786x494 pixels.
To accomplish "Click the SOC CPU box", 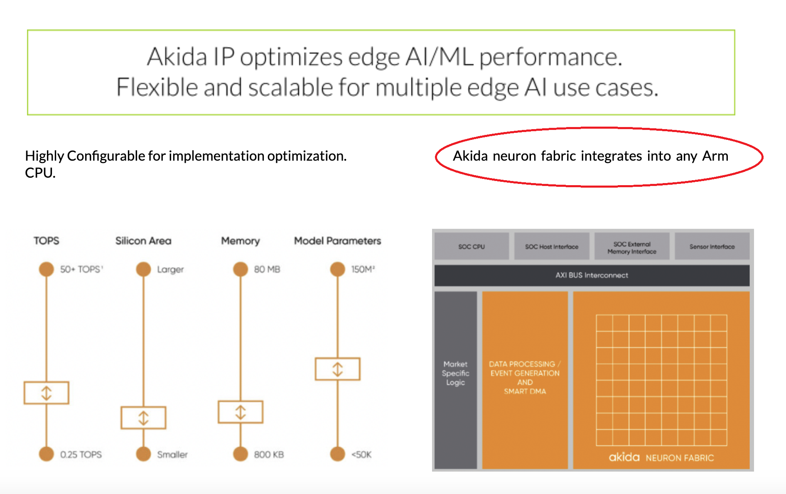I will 472,247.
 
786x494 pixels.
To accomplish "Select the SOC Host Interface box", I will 551,247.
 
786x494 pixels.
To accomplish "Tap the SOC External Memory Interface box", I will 631,247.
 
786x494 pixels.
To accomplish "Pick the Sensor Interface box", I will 712,247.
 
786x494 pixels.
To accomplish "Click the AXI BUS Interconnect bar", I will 592,275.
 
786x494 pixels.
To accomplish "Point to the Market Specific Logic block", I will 455,373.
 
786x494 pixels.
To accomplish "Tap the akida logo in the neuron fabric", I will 624,457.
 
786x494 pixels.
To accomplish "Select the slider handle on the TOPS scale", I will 47,393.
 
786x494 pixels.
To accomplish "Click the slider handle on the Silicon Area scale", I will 143,418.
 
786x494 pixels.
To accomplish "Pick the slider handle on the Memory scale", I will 241,412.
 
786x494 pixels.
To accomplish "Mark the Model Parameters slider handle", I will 337,369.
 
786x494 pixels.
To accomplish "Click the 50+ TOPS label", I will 81,269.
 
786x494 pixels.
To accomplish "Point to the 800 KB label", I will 269,455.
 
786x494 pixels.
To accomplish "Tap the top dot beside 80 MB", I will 241,269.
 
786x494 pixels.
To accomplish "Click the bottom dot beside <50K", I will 337,454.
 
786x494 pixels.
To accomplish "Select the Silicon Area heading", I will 143,241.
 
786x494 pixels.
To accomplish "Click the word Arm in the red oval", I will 715,156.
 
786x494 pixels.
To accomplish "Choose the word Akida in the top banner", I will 177,57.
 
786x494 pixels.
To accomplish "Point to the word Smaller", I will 172,455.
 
